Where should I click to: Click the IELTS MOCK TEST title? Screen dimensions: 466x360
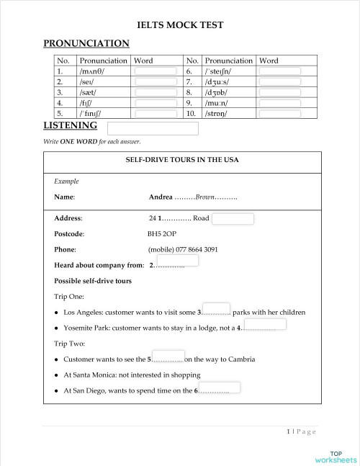180,25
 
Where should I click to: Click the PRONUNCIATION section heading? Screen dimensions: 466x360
86,44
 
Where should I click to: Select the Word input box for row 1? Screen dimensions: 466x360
156,71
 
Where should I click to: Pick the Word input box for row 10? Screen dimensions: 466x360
279,114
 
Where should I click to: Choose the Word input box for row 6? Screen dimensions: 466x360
279,71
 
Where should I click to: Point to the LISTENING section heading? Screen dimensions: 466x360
71,126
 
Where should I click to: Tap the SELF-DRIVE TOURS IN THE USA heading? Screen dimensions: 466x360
182,160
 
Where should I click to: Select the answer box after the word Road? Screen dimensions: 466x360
233,219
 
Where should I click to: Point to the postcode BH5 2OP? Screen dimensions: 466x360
162,233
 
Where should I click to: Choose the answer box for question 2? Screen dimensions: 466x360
177,261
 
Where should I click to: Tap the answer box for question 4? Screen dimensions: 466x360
265,323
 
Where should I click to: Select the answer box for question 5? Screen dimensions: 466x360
168,355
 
